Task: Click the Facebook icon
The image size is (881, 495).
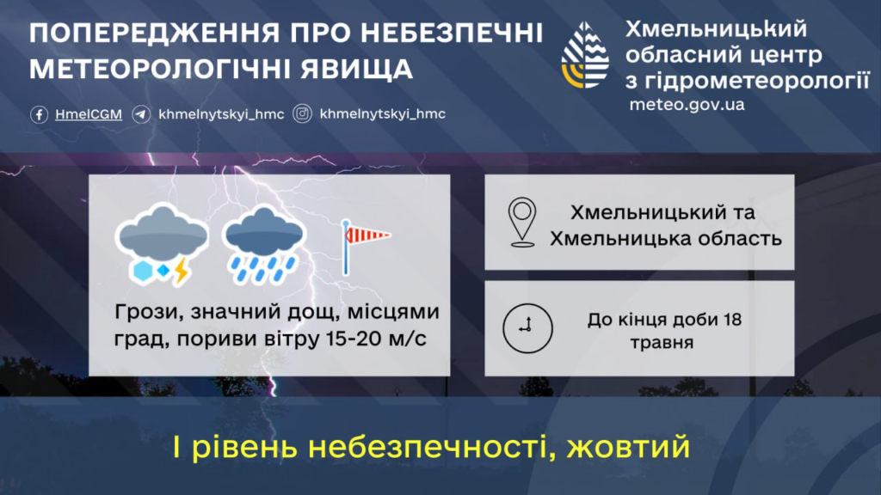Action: [x=39, y=114]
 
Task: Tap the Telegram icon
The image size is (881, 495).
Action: [x=141, y=114]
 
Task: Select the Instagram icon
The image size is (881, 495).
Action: [x=302, y=114]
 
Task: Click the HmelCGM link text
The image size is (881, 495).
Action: [x=89, y=114]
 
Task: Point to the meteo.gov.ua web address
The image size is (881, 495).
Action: [x=687, y=105]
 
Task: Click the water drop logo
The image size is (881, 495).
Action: [x=585, y=55]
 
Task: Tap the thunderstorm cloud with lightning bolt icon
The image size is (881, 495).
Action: [x=161, y=244]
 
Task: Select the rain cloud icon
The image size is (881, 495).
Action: [x=263, y=245]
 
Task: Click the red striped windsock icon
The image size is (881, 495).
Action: [x=365, y=247]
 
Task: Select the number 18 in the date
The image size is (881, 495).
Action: [x=733, y=320]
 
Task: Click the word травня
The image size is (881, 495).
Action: [x=662, y=343]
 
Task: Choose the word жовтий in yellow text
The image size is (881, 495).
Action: [x=628, y=447]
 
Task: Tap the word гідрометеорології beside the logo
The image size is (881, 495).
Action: [x=756, y=81]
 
